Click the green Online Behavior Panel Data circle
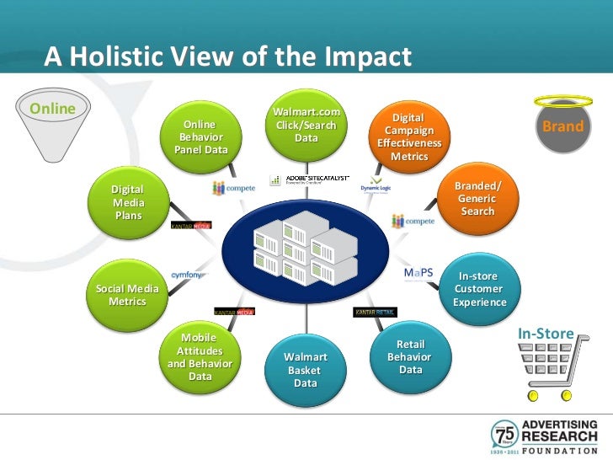pos(200,137)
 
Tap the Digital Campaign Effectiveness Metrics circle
pos(410,138)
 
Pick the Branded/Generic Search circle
pos(477,199)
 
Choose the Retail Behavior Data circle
pos(411,357)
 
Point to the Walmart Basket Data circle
pos(305,370)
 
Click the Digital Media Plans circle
pos(129,203)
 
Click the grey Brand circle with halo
pos(563,129)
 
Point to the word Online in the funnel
pos(52,109)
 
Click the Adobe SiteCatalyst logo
pos(305,179)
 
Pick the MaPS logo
pos(418,274)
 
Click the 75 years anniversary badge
pos(505,434)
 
